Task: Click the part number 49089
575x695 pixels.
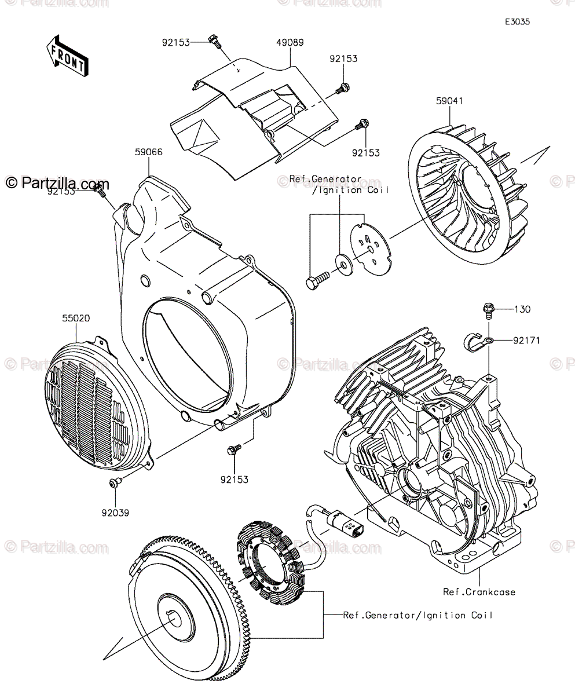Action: [290, 43]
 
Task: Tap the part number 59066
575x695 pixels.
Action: [148, 152]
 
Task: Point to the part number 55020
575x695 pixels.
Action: [77, 318]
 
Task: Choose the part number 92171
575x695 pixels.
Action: [526, 341]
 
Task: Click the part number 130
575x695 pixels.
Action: [523, 309]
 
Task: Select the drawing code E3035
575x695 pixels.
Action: [517, 22]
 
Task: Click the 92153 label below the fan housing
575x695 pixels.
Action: [234, 479]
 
